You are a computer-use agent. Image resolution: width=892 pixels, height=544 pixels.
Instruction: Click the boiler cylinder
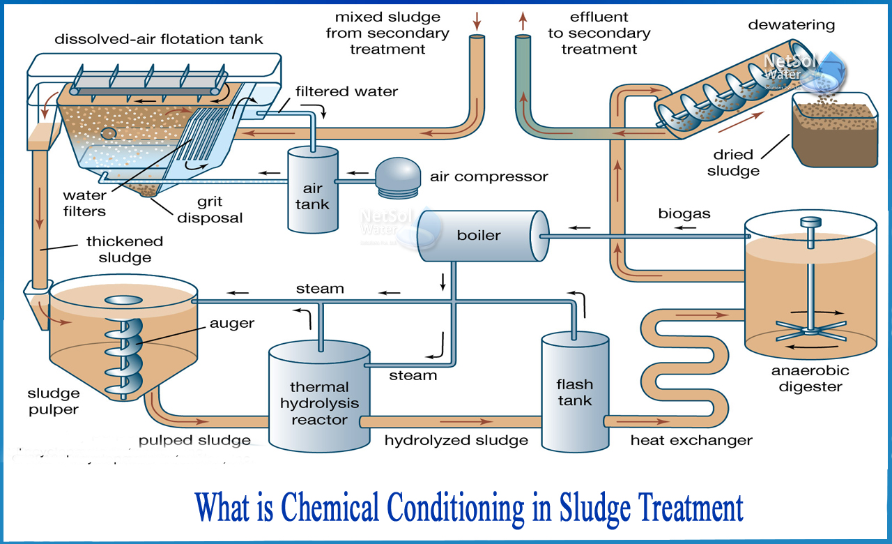(x=480, y=235)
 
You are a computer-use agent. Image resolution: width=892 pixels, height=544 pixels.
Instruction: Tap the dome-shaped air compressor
(x=397, y=175)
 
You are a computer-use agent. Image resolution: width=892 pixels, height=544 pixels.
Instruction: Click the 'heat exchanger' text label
(x=691, y=440)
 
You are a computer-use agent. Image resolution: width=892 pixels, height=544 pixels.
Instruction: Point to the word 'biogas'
(x=684, y=214)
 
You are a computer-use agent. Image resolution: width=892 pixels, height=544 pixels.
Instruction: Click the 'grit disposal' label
(x=210, y=210)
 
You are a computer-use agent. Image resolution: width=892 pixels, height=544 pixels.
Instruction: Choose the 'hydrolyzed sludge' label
(x=456, y=440)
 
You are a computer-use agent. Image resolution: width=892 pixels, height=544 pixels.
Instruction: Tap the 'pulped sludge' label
(x=194, y=440)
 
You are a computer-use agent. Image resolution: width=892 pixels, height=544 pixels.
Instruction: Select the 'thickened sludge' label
(x=125, y=249)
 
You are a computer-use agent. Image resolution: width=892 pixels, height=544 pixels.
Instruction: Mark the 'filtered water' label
(x=346, y=91)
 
